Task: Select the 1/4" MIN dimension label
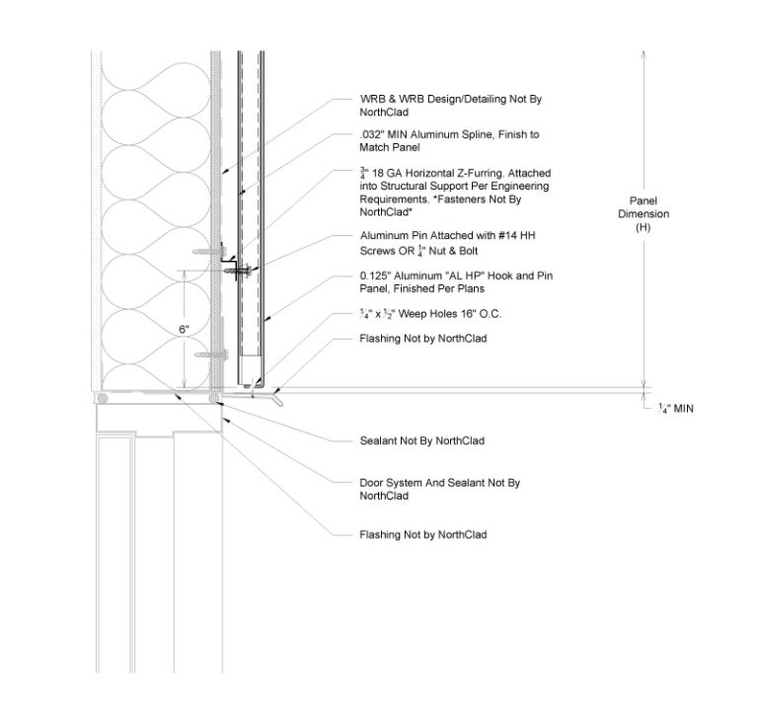[x=674, y=407]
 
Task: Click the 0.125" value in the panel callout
[x=376, y=276]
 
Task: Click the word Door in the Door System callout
[x=372, y=483]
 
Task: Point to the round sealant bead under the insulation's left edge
[x=103, y=397]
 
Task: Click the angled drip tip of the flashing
[x=281, y=402]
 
